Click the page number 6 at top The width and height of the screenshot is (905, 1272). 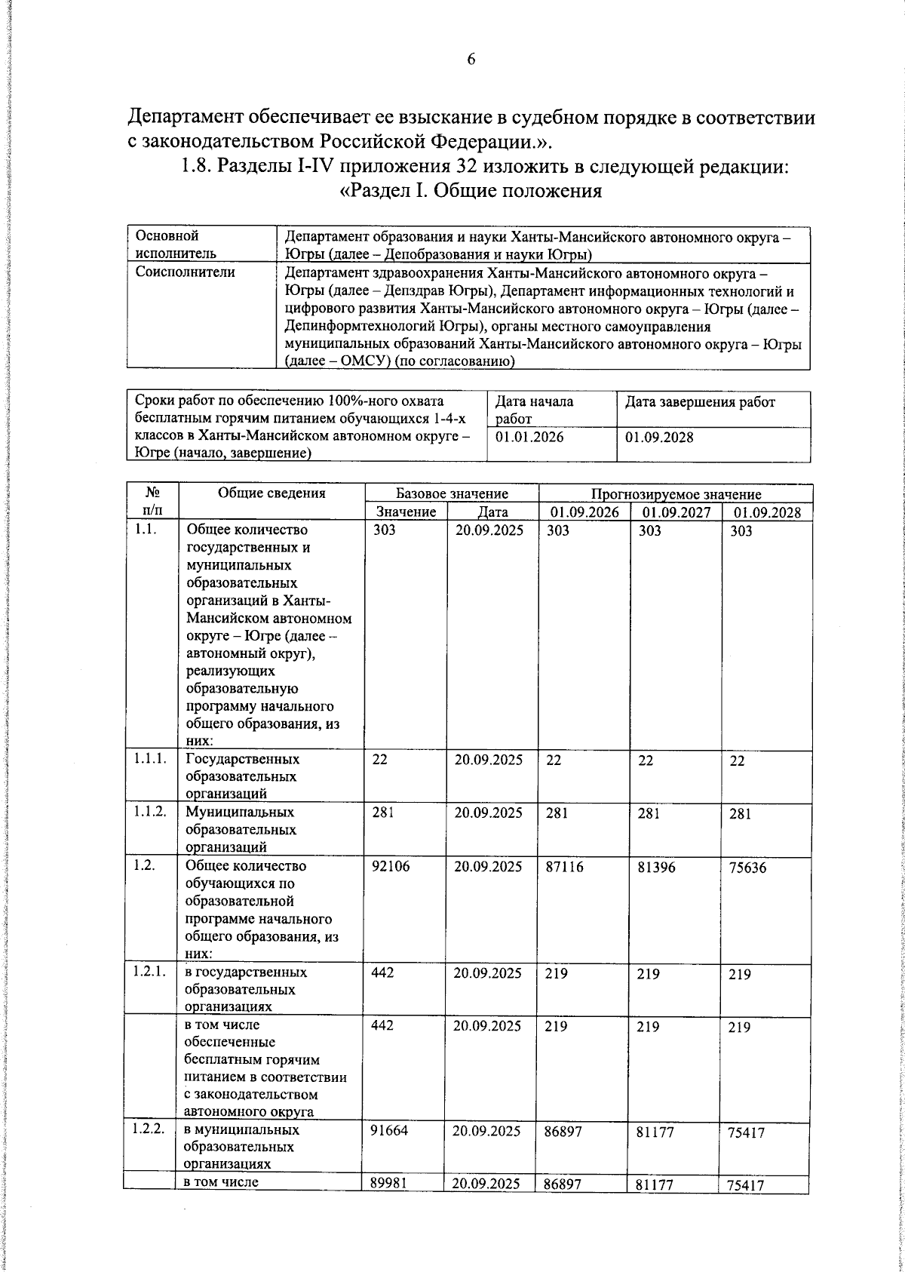(x=471, y=60)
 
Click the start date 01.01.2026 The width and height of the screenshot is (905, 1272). (x=529, y=437)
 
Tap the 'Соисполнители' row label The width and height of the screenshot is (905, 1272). (x=185, y=272)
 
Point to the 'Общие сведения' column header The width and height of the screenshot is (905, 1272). (x=271, y=493)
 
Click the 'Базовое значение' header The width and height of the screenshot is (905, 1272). (x=452, y=494)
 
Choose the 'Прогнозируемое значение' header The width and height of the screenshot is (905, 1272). (x=676, y=495)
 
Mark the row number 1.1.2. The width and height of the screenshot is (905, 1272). (x=149, y=812)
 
